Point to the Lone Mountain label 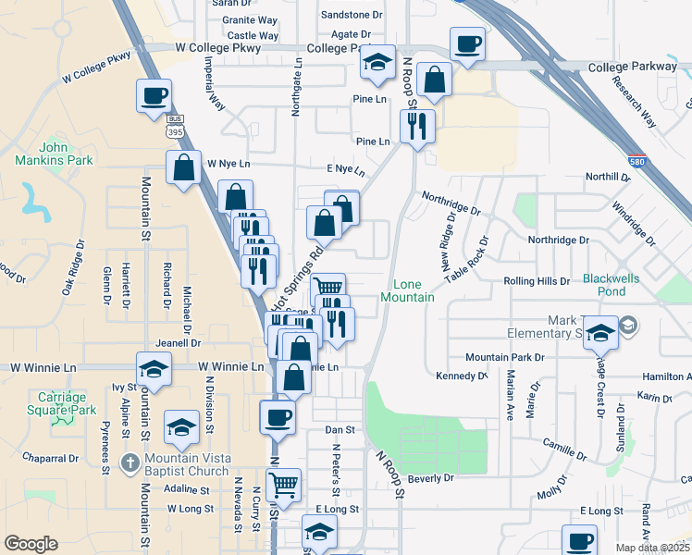(407, 290)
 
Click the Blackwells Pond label (617, 285)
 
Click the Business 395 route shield (174, 127)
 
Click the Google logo (31, 544)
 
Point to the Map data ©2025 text (653, 547)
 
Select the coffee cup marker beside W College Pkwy (154, 95)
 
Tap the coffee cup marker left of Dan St (278, 416)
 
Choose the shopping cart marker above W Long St (284, 484)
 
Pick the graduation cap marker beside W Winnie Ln (154, 369)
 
